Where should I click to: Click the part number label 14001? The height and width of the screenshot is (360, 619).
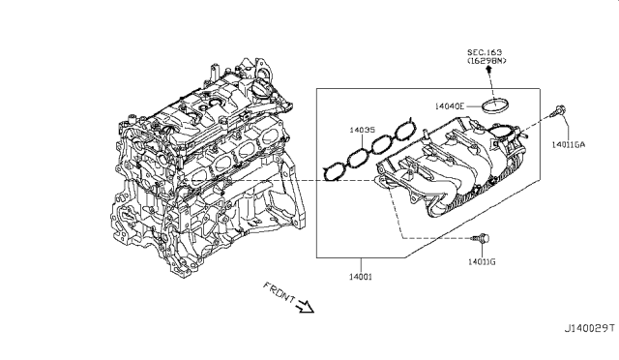tap(361, 277)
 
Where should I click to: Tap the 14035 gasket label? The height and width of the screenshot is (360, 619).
tap(362, 130)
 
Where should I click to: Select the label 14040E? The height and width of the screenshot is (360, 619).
tap(450, 105)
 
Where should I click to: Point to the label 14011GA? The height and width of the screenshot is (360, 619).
tap(569, 144)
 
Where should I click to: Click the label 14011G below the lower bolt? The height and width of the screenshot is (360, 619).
tap(482, 261)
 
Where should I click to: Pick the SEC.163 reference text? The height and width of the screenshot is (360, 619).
tap(485, 52)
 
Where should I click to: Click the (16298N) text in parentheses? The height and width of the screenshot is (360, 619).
tap(486, 61)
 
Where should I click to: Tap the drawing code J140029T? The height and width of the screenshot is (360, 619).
tap(589, 328)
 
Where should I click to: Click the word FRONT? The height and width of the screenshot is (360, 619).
tap(280, 292)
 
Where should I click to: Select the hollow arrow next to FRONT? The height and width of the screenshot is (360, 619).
tap(305, 306)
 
